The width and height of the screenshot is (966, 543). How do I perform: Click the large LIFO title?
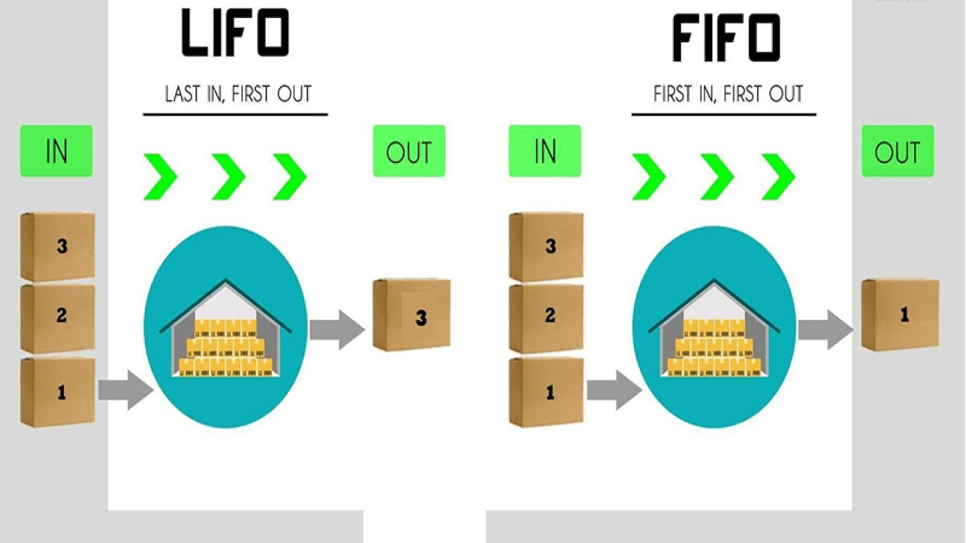235,33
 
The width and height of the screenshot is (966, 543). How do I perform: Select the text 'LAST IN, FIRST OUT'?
238,94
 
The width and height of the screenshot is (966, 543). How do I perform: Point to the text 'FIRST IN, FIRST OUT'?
728,94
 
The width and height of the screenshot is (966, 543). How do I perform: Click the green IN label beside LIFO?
57,151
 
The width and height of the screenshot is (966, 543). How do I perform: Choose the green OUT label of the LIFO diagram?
409,152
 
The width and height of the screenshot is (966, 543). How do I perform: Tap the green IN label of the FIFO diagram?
545,151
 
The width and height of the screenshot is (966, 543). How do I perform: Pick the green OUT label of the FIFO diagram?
897,152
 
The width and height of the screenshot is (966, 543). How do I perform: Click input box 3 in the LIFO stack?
58,247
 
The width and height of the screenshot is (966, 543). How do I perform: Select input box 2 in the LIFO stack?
58,318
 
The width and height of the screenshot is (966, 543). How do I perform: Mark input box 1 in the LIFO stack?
58,391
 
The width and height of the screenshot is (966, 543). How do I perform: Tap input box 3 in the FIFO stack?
546,247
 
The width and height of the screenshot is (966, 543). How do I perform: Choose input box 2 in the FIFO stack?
546,318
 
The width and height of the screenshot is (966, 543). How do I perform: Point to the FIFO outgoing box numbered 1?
900,314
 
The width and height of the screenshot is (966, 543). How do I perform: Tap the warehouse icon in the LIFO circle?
226,332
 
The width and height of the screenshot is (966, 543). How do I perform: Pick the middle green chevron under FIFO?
717,176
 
